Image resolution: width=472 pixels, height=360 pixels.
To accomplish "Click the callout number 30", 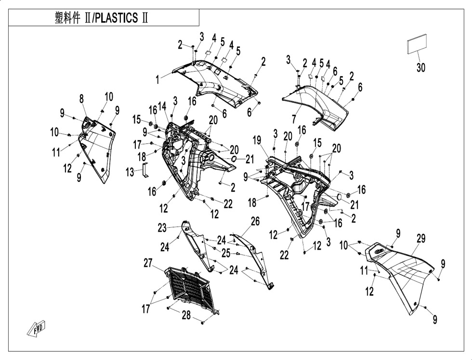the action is pos(421,68).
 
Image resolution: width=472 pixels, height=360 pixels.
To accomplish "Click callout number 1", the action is pos(157,80).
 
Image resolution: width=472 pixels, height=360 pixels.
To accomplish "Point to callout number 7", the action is pos(294,119).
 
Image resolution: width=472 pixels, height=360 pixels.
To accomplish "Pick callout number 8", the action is pos(81,99).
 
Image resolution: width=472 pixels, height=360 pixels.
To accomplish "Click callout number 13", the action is pos(130,172).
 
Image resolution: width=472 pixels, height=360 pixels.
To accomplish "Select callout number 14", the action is pos(162,106).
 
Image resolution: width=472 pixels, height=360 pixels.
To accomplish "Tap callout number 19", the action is pos(256,140).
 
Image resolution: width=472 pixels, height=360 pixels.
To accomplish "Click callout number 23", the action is pos(162,228).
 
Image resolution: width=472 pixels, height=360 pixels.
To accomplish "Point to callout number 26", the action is pos(255,222).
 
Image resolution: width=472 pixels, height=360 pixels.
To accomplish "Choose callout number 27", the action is pos(148,263).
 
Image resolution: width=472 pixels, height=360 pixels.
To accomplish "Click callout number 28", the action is pos(186,315).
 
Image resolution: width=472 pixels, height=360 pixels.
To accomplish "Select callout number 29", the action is pos(421,239).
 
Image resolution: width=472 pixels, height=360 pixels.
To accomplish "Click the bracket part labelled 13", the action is pos(145,170).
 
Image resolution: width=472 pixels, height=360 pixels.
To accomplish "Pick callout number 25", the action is pos(226,253).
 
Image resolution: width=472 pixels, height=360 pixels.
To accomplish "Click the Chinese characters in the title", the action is pos(67,18).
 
